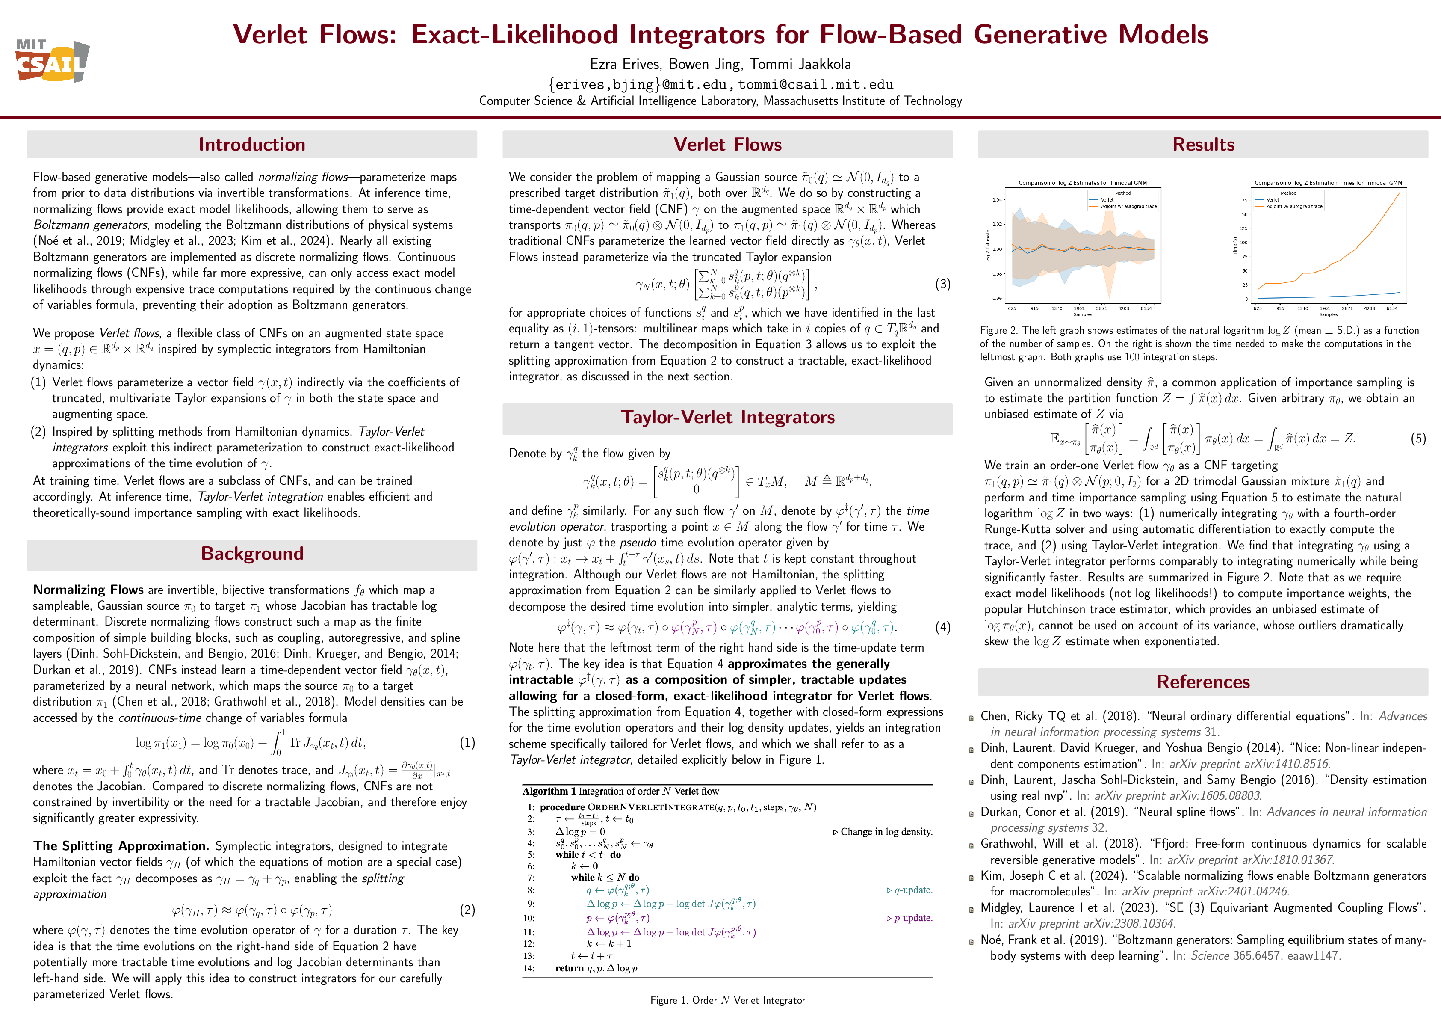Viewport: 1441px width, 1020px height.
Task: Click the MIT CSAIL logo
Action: point(52,61)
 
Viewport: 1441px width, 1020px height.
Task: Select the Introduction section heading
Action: point(252,145)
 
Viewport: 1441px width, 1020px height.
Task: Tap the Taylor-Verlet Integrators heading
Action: point(727,417)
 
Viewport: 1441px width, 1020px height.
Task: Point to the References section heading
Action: point(1202,682)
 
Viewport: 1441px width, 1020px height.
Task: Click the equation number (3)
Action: point(942,284)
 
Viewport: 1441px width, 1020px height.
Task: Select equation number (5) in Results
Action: point(1418,439)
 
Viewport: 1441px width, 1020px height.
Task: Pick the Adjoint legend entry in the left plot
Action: point(1128,206)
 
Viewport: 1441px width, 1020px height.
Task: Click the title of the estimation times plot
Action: point(1328,183)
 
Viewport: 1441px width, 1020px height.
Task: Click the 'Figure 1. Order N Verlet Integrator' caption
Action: point(727,1000)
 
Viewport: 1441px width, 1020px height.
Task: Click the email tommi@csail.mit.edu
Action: point(815,85)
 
